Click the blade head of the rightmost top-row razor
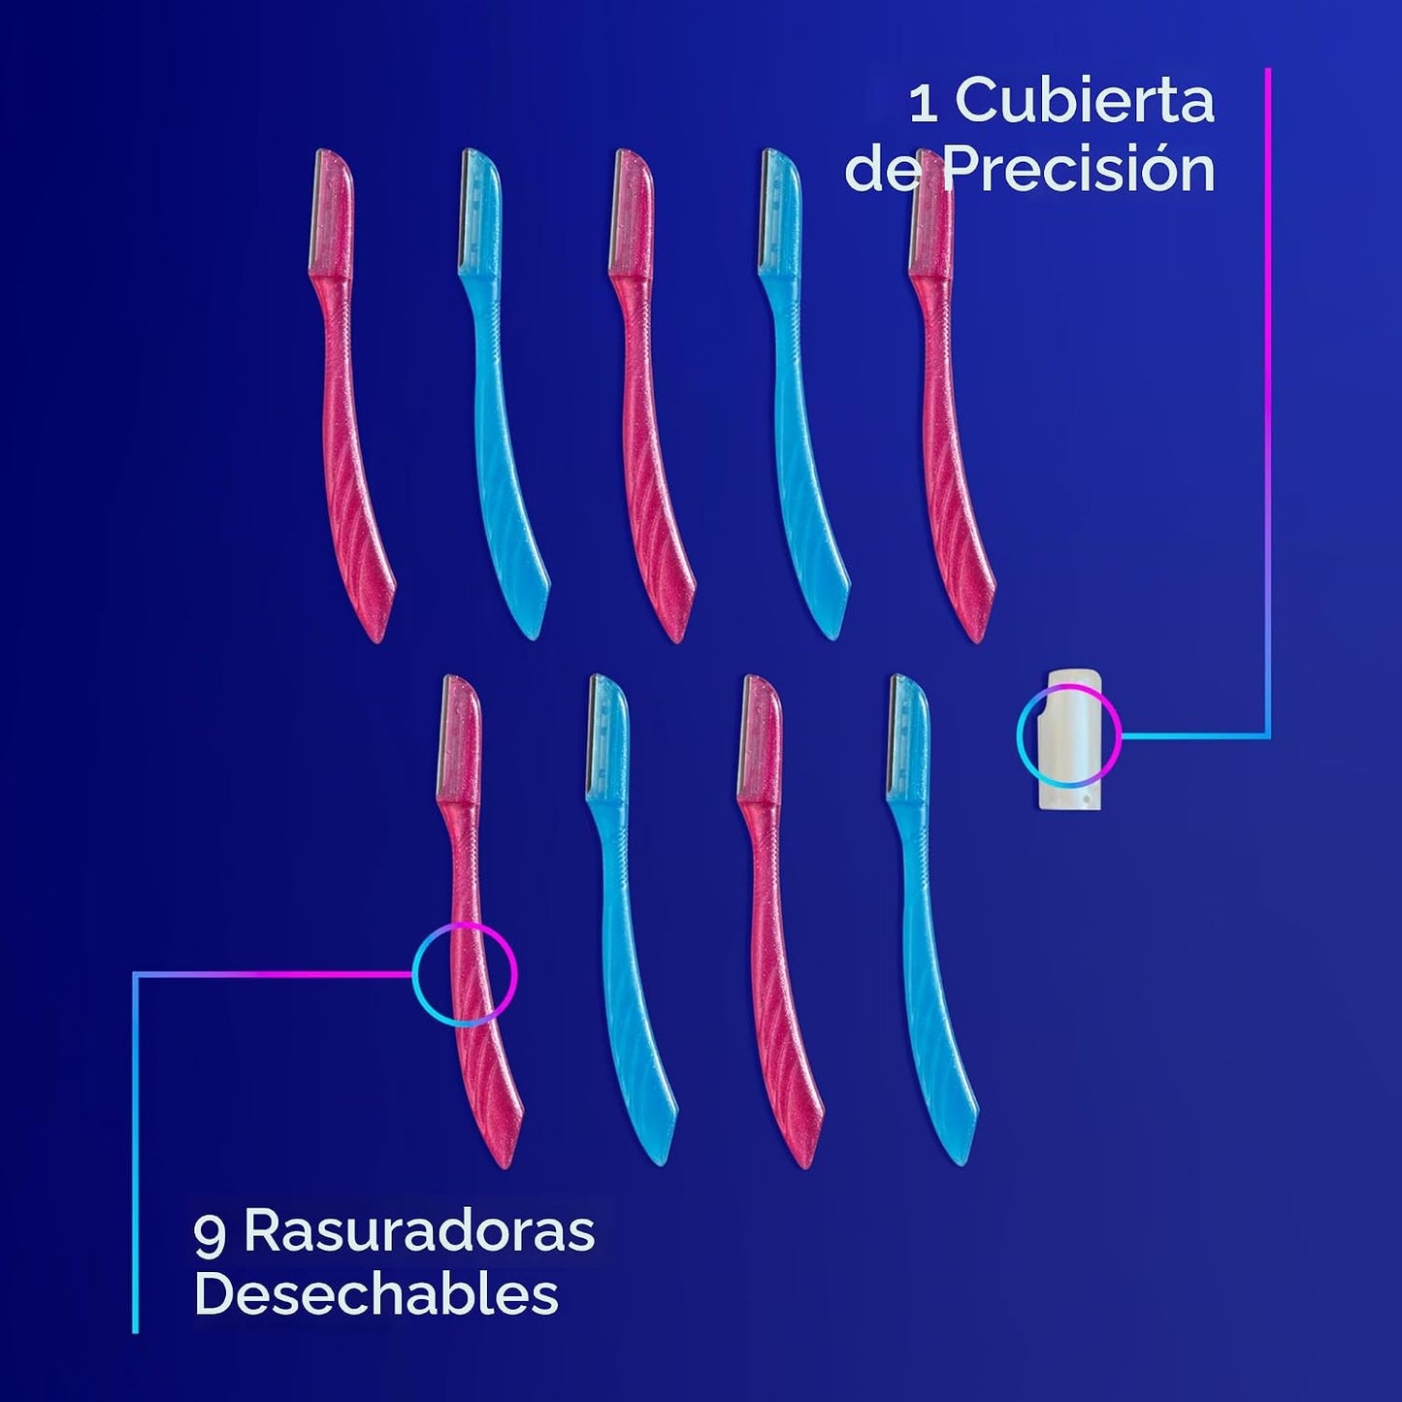(931, 211)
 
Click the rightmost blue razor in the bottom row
(931, 921)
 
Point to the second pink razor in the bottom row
(780, 922)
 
